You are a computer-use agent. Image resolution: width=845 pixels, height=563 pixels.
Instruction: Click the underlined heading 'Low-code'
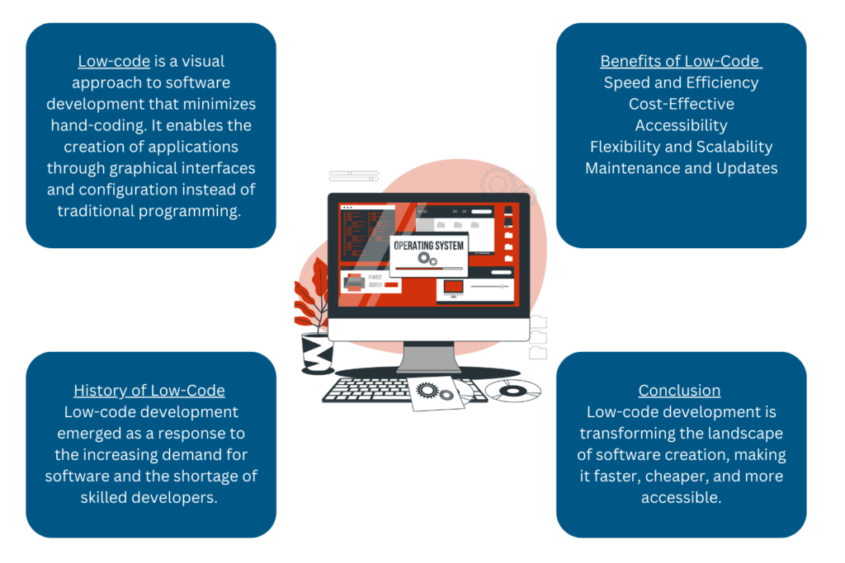click(x=114, y=61)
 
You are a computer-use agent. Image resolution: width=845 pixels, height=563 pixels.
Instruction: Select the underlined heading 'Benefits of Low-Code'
click(x=680, y=61)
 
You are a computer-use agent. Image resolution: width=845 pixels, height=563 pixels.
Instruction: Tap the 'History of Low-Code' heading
click(x=149, y=391)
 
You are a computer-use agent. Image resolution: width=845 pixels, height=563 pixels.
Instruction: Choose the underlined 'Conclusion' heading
click(x=679, y=391)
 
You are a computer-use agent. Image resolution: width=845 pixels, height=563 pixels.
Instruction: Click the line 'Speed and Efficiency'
click(x=681, y=82)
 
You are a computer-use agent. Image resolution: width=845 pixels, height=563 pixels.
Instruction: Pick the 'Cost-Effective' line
click(x=681, y=104)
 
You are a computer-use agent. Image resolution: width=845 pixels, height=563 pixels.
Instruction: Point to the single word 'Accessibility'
click(x=681, y=125)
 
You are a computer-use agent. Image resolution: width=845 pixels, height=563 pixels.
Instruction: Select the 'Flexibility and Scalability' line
click(x=681, y=147)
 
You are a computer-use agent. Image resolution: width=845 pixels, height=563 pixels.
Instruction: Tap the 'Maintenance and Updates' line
click(x=681, y=168)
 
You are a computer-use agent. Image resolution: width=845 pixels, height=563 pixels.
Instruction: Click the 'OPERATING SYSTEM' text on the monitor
click(x=428, y=246)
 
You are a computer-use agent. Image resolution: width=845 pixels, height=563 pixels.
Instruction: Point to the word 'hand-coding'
click(x=96, y=125)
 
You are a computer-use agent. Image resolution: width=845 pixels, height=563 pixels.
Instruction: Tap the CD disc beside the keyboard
click(x=512, y=390)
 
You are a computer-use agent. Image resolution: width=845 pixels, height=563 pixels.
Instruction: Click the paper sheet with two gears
click(x=436, y=393)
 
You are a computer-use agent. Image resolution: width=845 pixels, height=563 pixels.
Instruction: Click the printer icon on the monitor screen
click(x=354, y=284)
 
